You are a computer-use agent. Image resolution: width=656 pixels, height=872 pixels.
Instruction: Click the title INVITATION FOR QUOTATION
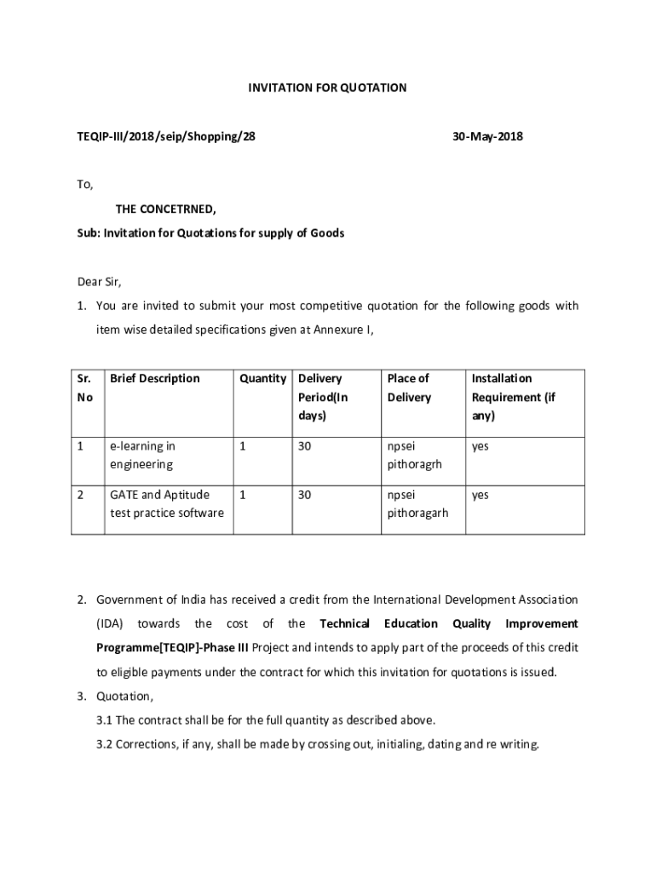tap(327, 88)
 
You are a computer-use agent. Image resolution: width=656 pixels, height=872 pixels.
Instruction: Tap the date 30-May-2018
tap(488, 135)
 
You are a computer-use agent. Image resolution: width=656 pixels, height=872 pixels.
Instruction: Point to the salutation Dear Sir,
tap(100, 282)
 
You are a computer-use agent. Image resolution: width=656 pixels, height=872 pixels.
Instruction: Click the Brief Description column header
tap(155, 378)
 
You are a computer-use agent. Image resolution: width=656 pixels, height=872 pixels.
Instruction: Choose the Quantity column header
tap(262, 378)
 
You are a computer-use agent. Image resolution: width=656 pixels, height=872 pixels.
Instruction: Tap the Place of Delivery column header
tap(409, 387)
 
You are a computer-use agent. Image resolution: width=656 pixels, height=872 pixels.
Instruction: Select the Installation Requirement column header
tap(513, 397)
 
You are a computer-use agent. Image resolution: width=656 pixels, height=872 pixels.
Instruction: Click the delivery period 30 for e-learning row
tap(305, 445)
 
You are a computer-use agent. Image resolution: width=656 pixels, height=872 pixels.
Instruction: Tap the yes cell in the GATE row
tap(480, 495)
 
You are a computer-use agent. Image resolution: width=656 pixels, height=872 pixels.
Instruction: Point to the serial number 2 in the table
tap(79, 494)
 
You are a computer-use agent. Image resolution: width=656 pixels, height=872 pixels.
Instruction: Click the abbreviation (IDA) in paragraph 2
tap(110, 623)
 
